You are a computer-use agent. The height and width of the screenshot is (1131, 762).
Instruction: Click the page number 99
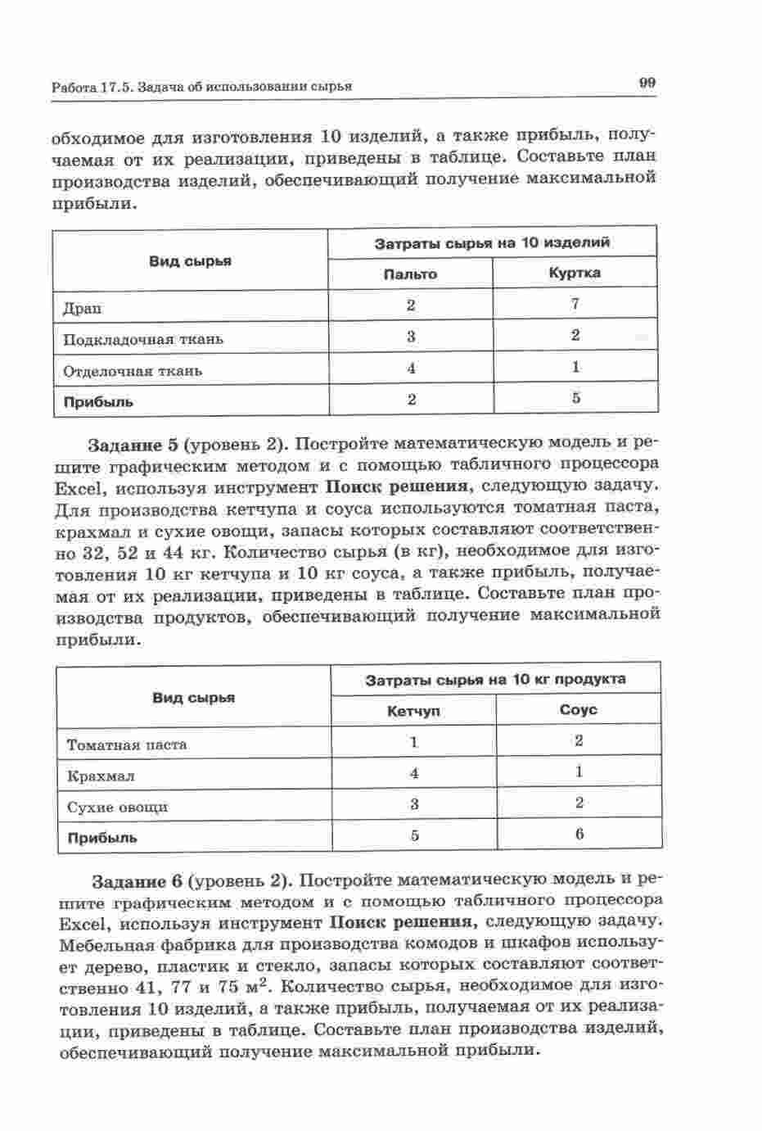click(x=647, y=82)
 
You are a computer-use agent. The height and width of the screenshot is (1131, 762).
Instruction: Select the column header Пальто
click(x=410, y=274)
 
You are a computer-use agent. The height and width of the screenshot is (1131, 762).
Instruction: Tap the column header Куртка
click(x=575, y=273)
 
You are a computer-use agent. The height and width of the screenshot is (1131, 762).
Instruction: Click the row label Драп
click(x=83, y=308)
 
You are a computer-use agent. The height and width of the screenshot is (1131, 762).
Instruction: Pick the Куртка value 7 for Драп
click(x=575, y=304)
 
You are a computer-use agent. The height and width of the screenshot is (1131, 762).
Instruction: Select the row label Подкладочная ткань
click(x=143, y=339)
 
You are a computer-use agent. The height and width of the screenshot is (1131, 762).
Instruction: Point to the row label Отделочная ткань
click(x=133, y=371)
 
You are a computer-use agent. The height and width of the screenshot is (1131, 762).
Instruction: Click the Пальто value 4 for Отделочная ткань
click(x=411, y=369)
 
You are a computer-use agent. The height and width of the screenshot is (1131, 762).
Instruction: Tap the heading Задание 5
click(x=133, y=445)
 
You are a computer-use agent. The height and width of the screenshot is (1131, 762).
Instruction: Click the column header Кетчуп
click(x=413, y=711)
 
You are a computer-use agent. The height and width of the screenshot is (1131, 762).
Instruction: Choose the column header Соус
click(x=578, y=709)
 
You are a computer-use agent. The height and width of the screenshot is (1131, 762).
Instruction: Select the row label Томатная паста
click(x=127, y=744)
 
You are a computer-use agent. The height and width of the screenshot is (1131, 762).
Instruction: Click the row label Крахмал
click(x=101, y=776)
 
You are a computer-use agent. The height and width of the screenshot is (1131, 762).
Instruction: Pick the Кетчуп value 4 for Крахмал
click(x=414, y=773)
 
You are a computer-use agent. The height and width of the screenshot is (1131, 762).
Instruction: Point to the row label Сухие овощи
click(x=117, y=807)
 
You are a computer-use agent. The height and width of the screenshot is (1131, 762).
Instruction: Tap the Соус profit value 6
click(x=579, y=835)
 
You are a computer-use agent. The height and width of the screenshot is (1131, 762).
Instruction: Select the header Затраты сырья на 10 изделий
click(x=492, y=242)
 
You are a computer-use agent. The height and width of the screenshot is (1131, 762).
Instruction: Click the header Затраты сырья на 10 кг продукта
click(x=495, y=679)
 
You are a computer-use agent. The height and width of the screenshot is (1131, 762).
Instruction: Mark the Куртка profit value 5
click(x=575, y=398)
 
